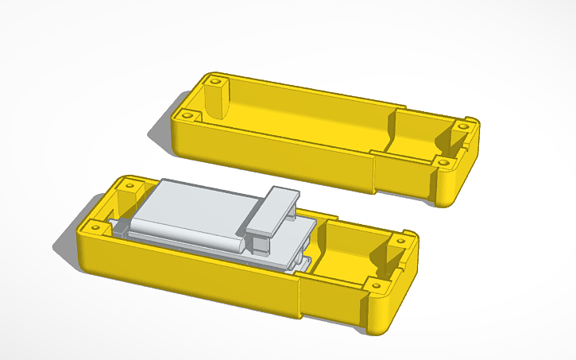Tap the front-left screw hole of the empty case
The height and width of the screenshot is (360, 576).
pos(187,115)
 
